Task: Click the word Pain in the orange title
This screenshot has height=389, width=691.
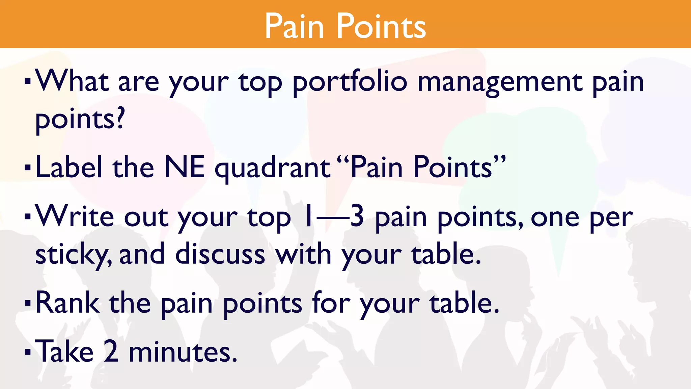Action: (294, 26)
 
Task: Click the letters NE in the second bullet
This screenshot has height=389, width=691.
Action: (185, 167)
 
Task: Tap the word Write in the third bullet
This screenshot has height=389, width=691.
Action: (75, 217)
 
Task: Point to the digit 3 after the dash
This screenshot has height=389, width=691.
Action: (357, 217)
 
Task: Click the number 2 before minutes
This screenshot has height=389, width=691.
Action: (111, 352)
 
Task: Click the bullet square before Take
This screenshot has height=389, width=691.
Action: (28, 353)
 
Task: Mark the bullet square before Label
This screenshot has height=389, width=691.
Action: (28, 167)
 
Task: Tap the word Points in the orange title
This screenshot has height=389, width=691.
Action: (381, 26)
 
